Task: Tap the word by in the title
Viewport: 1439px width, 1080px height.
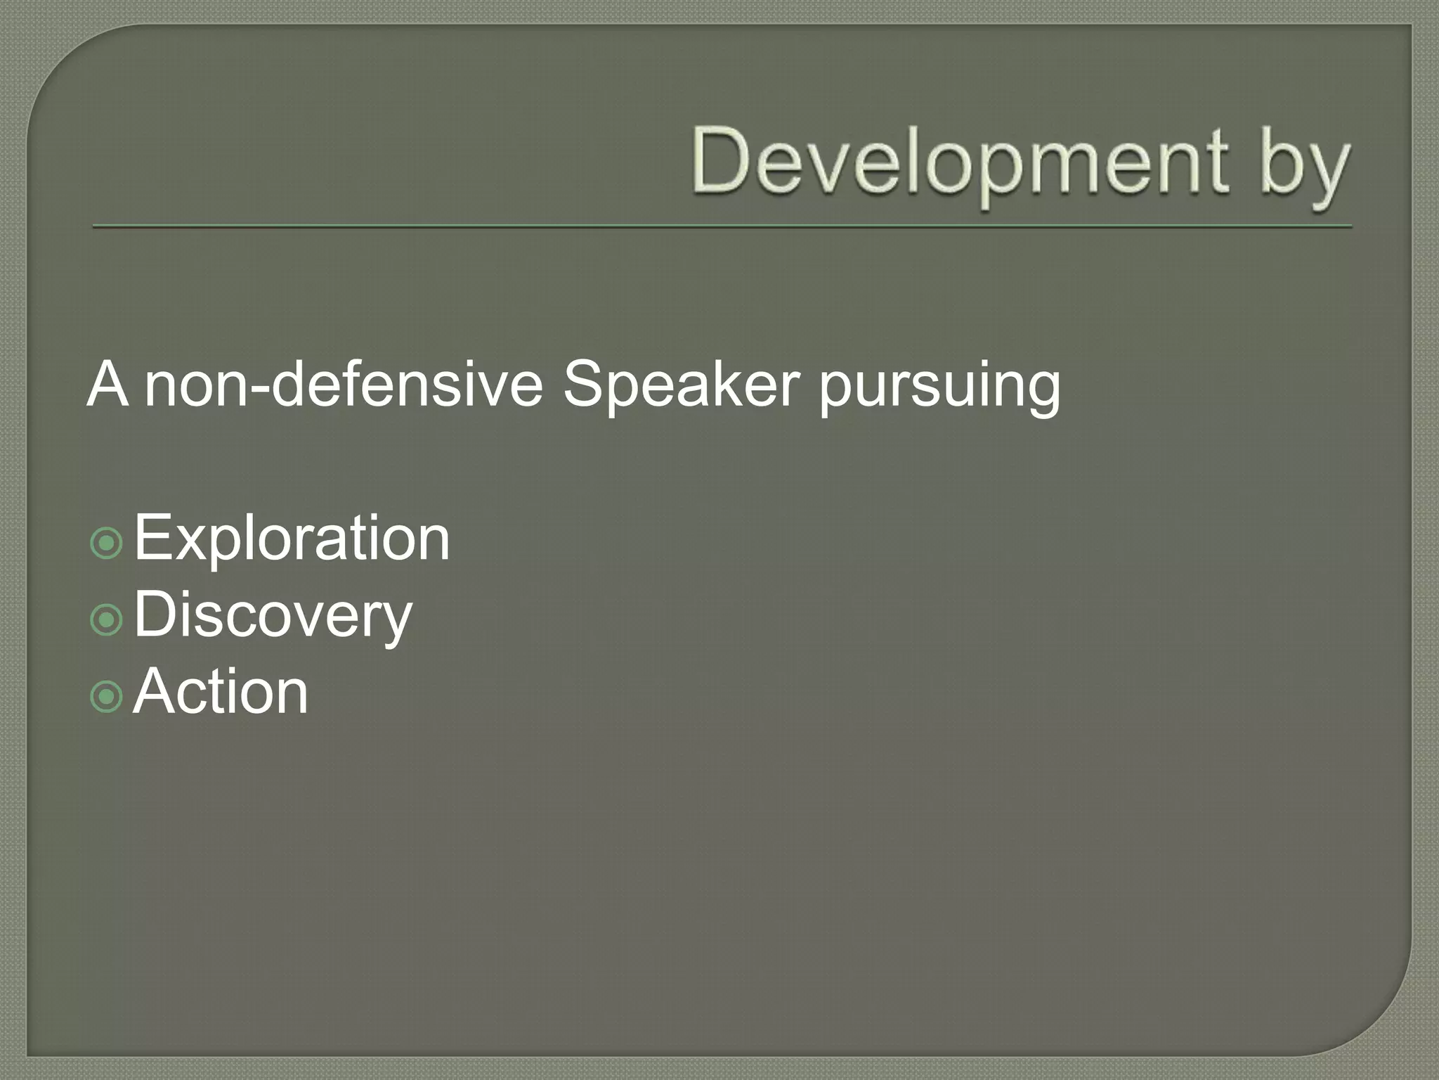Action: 1303,165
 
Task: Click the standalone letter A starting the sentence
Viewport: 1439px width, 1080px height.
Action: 108,385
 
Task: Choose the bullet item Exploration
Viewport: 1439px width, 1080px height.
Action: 292,539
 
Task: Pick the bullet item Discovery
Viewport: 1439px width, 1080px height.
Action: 273,616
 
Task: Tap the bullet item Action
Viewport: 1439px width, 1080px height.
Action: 221,692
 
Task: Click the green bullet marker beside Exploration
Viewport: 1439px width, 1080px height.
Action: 107,543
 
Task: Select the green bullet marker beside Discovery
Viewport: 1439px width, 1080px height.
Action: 107,619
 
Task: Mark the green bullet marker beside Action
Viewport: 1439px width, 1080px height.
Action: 107,696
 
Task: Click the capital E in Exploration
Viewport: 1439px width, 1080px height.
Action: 151,537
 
